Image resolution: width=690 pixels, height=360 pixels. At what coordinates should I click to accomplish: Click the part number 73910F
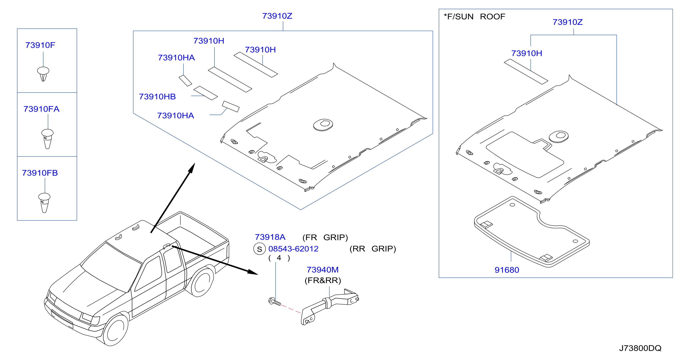pyautogui.click(x=40, y=45)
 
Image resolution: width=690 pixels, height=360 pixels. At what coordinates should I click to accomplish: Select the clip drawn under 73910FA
pyautogui.click(x=47, y=139)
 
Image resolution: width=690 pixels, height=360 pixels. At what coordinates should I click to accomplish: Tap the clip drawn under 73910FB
pyautogui.click(x=44, y=203)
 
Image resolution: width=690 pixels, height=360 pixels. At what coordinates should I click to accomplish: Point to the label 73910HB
pyautogui.click(x=157, y=97)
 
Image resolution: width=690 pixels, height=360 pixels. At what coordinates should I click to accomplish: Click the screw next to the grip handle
pyautogui.click(x=275, y=301)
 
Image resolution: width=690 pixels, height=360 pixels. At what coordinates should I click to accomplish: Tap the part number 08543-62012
pyautogui.click(x=293, y=249)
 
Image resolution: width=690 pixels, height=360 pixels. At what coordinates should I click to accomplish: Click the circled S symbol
pyautogui.click(x=259, y=249)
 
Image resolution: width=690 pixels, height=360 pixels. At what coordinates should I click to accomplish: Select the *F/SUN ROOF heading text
pyautogui.click(x=474, y=16)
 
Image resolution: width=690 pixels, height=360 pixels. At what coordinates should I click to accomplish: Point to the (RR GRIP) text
pyautogui.click(x=373, y=249)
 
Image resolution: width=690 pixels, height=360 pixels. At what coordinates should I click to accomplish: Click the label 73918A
pyautogui.click(x=270, y=237)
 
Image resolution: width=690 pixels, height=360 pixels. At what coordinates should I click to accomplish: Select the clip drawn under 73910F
pyautogui.click(x=43, y=74)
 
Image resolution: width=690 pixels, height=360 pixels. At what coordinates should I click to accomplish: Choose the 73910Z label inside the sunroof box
pyautogui.click(x=568, y=22)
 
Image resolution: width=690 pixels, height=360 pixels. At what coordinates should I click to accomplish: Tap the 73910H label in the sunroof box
pyautogui.click(x=527, y=53)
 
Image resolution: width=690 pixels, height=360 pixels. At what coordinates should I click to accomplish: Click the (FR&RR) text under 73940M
pyautogui.click(x=323, y=280)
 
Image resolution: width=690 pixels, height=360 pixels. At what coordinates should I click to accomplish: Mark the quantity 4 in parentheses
pyautogui.click(x=279, y=258)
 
